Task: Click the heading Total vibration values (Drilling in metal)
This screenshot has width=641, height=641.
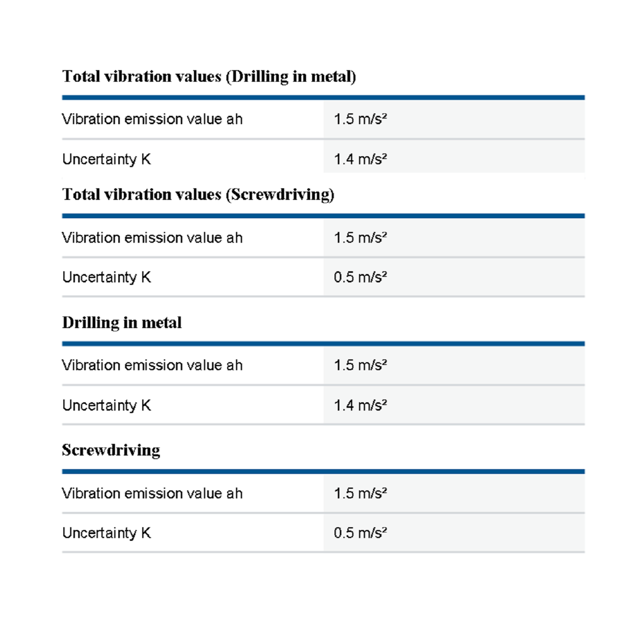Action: click(x=209, y=76)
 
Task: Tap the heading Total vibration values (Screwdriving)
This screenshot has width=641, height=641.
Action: click(x=198, y=194)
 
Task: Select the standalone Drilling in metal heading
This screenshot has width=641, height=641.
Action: click(x=122, y=323)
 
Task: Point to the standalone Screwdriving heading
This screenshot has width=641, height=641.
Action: click(x=111, y=450)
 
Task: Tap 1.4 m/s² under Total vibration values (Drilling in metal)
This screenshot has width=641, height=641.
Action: click(x=360, y=159)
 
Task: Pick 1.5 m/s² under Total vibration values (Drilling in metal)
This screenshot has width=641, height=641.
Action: click(x=360, y=119)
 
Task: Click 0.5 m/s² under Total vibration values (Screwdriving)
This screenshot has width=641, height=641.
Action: click(x=360, y=277)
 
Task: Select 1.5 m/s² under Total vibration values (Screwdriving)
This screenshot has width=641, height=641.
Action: click(x=360, y=238)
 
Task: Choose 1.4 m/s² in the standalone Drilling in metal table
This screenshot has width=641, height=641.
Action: click(x=360, y=405)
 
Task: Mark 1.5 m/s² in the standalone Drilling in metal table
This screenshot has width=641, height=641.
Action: click(x=360, y=365)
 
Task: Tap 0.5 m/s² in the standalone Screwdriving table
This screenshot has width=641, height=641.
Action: click(x=360, y=533)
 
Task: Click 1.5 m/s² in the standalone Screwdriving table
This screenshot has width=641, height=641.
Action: click(x=360, y=493)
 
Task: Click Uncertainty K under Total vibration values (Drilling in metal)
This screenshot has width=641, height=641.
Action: click(x=107, y=159)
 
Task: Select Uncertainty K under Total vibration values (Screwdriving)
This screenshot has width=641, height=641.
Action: click(x=107, y=277)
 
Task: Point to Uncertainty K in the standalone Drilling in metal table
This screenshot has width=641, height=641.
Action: click(x=107, y=405)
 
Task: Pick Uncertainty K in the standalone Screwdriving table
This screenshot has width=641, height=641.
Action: click(x=107, y=533)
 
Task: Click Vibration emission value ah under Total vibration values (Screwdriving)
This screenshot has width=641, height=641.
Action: click(x=152, y=238)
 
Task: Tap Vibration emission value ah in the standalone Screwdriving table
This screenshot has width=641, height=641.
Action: click(x=152, y=493)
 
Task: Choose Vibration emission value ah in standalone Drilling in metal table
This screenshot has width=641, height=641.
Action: click(x=152, y=365)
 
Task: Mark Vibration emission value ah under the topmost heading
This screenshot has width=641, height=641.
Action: click(x=152, y=119)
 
